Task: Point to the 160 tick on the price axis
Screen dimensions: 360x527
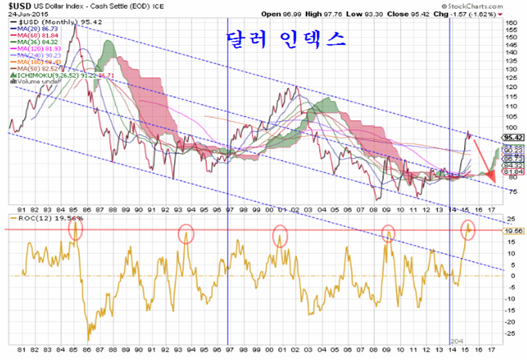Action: click(509, 22)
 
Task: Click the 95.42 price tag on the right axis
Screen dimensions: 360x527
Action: click(512, 138)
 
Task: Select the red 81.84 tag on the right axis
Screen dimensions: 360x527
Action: click(512, 171)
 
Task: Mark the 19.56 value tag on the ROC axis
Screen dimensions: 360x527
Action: click(512, 230)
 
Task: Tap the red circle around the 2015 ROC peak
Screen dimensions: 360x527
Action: click(468, 228)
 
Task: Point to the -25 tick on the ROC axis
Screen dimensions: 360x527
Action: click(508, 334)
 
